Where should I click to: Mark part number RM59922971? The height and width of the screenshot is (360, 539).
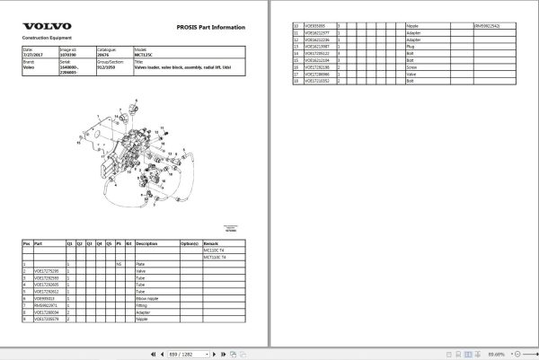click(46, 305)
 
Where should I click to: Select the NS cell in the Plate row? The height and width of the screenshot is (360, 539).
click(119, 264)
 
